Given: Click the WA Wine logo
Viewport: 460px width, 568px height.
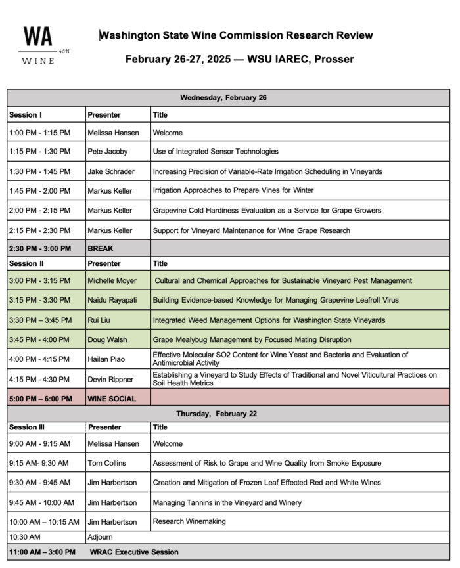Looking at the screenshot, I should click(x=37, y=45).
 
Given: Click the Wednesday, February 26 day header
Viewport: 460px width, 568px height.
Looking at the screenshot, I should click(x=223, y=98).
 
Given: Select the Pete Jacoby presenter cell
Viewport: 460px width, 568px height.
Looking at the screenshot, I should click(x=108, y=152).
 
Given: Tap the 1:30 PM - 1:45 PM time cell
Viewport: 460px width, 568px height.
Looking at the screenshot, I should click(x=39, y=171).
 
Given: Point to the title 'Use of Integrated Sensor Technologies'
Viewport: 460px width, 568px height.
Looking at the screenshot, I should click(x=216, y=152).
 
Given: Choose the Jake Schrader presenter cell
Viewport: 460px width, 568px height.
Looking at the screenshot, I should click(x=111, y=171).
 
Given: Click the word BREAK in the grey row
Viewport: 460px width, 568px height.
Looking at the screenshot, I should click(x=101, y=249).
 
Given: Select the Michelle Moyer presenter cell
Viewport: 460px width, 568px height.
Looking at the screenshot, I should click(x=112, y=280).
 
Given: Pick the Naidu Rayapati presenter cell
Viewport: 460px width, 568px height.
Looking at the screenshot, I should click(x=113, y=300).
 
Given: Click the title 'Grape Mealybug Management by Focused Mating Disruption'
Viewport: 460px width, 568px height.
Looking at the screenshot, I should click(x=252, y=339).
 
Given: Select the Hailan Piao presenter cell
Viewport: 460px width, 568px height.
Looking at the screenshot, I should click(x=106, y=359).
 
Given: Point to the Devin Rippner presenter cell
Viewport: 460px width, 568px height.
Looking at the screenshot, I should click(x=110, y=379).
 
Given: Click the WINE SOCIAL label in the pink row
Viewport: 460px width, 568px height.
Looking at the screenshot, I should click(x=112, y=399).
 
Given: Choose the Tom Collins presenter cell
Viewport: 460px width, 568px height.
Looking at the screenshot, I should click(x=106, y=463).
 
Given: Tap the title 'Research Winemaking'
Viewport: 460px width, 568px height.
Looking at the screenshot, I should click(x=190, y=521).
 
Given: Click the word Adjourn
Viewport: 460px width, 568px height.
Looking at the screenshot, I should click(x=101, y=537).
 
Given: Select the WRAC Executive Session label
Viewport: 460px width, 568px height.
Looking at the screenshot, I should click(x=134, y=552).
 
